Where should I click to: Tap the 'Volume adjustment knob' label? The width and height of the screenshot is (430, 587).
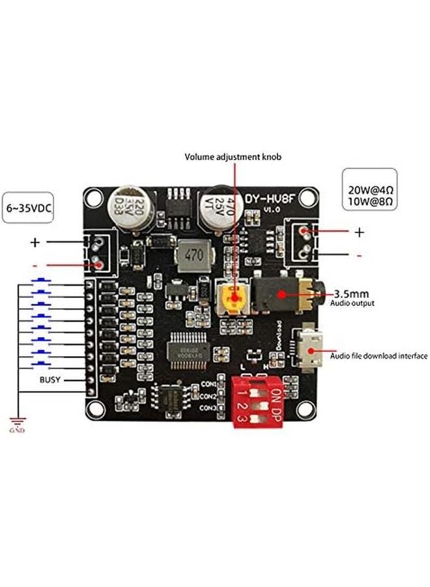(233, 157)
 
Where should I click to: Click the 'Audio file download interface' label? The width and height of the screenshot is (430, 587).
(379, 356)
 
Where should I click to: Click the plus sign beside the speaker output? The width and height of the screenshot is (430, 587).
(359, 232)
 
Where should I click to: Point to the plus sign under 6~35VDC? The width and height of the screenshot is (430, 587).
(35, 243)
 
